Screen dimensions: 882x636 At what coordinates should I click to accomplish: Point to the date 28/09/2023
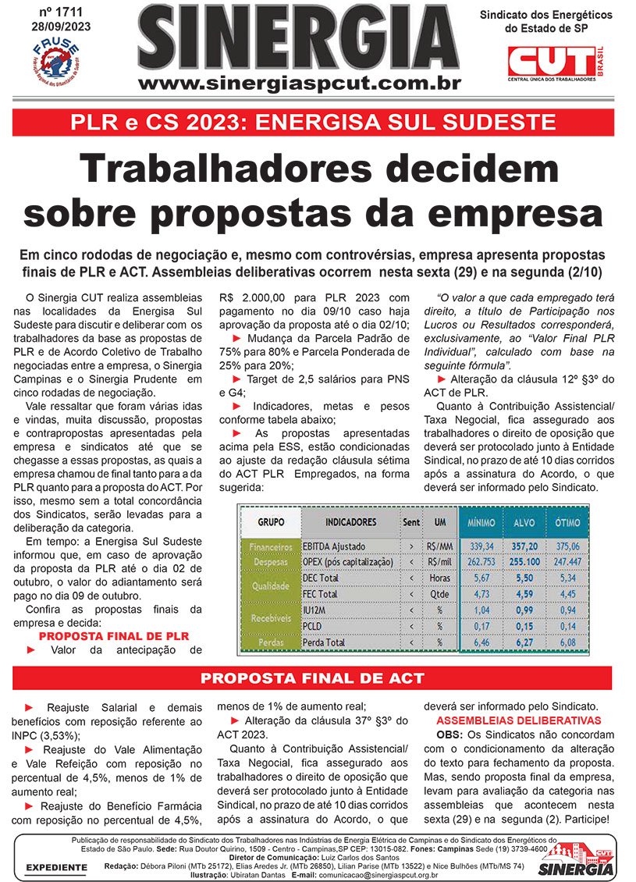tap(56, 26)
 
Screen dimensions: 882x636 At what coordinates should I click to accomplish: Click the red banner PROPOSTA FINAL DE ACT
tap(312, 678)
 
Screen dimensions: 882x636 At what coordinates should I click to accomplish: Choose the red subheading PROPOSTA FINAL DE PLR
tap(114, 636)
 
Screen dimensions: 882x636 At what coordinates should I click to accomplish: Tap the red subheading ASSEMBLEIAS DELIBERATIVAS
tap(518, 720)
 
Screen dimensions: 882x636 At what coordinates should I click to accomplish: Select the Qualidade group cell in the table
tap(269, 585)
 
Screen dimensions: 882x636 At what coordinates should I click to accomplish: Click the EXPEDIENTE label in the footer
tap(55, 867)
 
